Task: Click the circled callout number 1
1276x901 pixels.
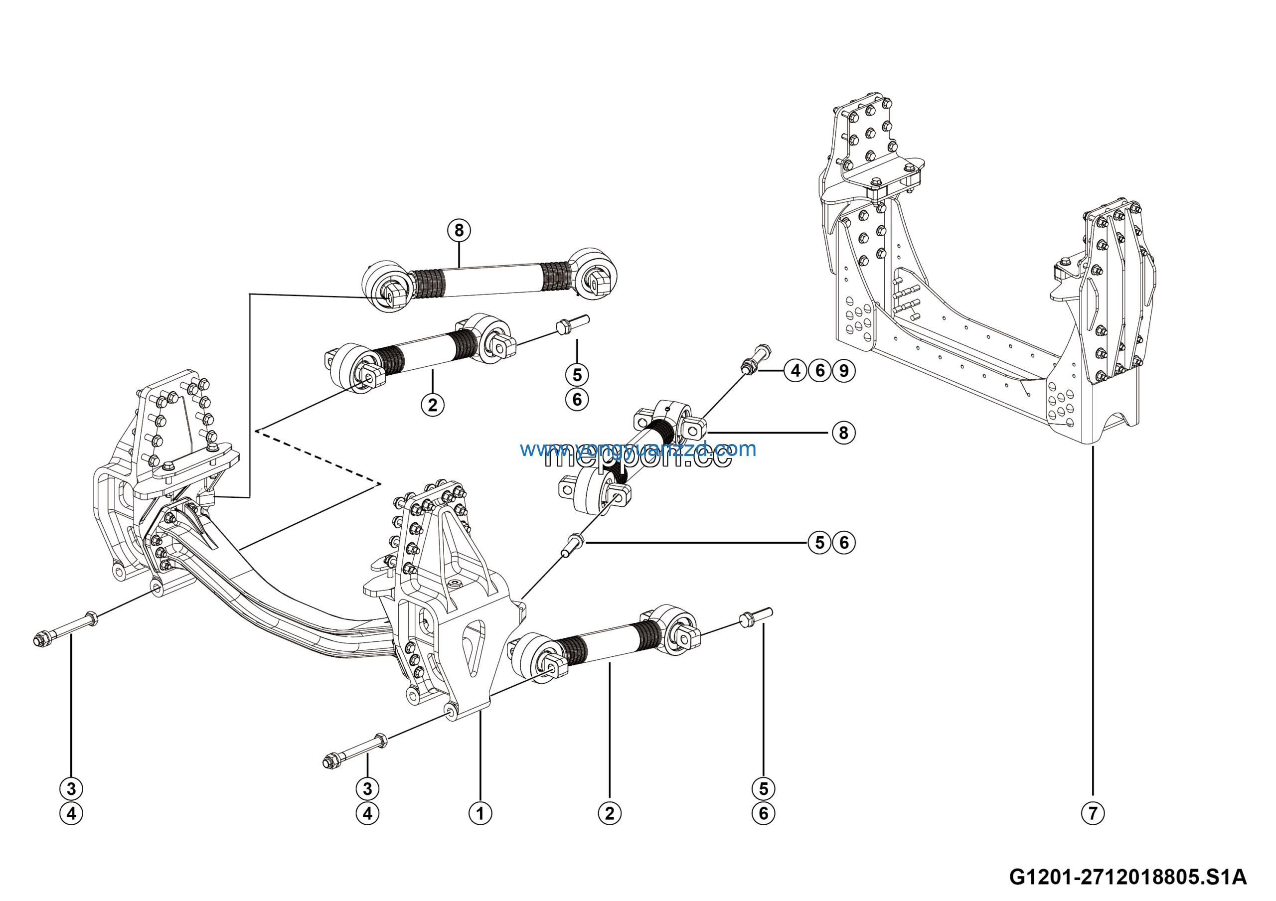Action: point(480,813)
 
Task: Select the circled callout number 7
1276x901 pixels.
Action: point(1093,813)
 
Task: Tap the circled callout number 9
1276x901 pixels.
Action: point(844,370)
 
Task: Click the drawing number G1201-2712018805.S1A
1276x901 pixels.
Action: point(1127,878)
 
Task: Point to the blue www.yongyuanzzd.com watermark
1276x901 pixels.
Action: point(638,449)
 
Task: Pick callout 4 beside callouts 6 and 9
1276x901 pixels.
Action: point(796,370)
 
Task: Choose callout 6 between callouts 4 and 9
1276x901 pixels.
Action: point(820,370)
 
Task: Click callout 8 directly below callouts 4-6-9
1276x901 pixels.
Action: point(844,433)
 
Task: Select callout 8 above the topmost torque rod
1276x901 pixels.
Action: point(459,230)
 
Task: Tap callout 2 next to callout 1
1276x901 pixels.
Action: point(610,813)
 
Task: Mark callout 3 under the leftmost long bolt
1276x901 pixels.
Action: point(71,788)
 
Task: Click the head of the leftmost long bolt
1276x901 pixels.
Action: point(40,639)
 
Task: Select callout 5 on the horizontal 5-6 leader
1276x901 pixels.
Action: point(820,542)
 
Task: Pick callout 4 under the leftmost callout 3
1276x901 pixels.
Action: point(71,813)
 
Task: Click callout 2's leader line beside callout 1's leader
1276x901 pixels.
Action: point(610,733)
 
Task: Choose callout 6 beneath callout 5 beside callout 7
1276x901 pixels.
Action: point(764,813)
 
